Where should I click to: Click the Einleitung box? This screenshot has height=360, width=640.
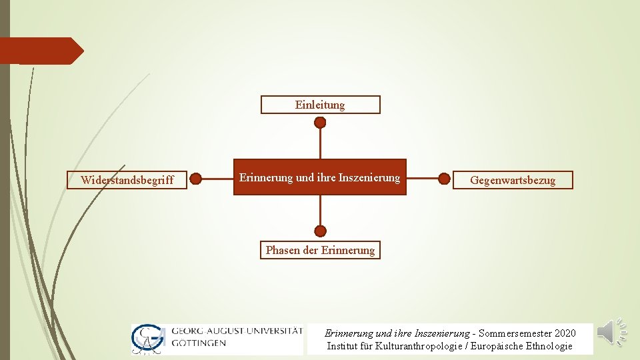click(x=320, y=105)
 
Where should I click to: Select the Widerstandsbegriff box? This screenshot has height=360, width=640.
click(x=127, y=180)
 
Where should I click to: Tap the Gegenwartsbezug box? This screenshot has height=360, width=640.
click(x=513, y=180)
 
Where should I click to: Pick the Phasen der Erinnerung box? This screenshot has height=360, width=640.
click(x=320, y=250)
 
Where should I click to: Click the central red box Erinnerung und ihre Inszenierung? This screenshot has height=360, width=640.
click(x=320, y=177)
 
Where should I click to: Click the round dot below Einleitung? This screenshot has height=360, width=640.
click(x=320, y=123)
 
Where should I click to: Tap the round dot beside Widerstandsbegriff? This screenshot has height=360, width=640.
click(x=195, y=179)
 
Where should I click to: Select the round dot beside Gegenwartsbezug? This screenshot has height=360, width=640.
click(x=444, y=179)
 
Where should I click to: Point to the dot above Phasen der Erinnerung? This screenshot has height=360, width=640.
click(x=320, y=231)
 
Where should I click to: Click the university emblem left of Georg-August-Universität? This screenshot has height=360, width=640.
click(x=149, y=338)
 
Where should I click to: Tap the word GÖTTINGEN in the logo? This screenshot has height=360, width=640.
click(x=199, y=343)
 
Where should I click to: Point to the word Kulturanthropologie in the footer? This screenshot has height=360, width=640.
click(x=413, y=346)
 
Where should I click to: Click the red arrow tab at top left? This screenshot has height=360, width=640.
click(x=40, y=51)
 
